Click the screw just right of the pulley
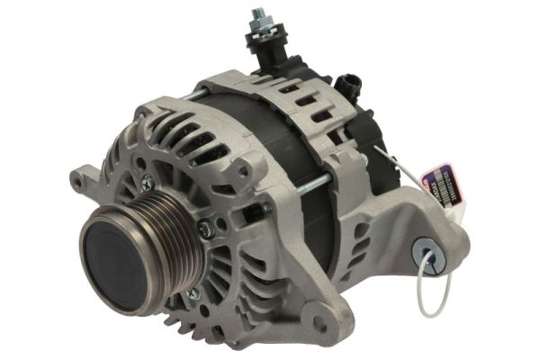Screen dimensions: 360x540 (206, 230)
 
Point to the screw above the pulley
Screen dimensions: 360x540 (148, 184)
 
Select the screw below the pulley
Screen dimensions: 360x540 (191, 293)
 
